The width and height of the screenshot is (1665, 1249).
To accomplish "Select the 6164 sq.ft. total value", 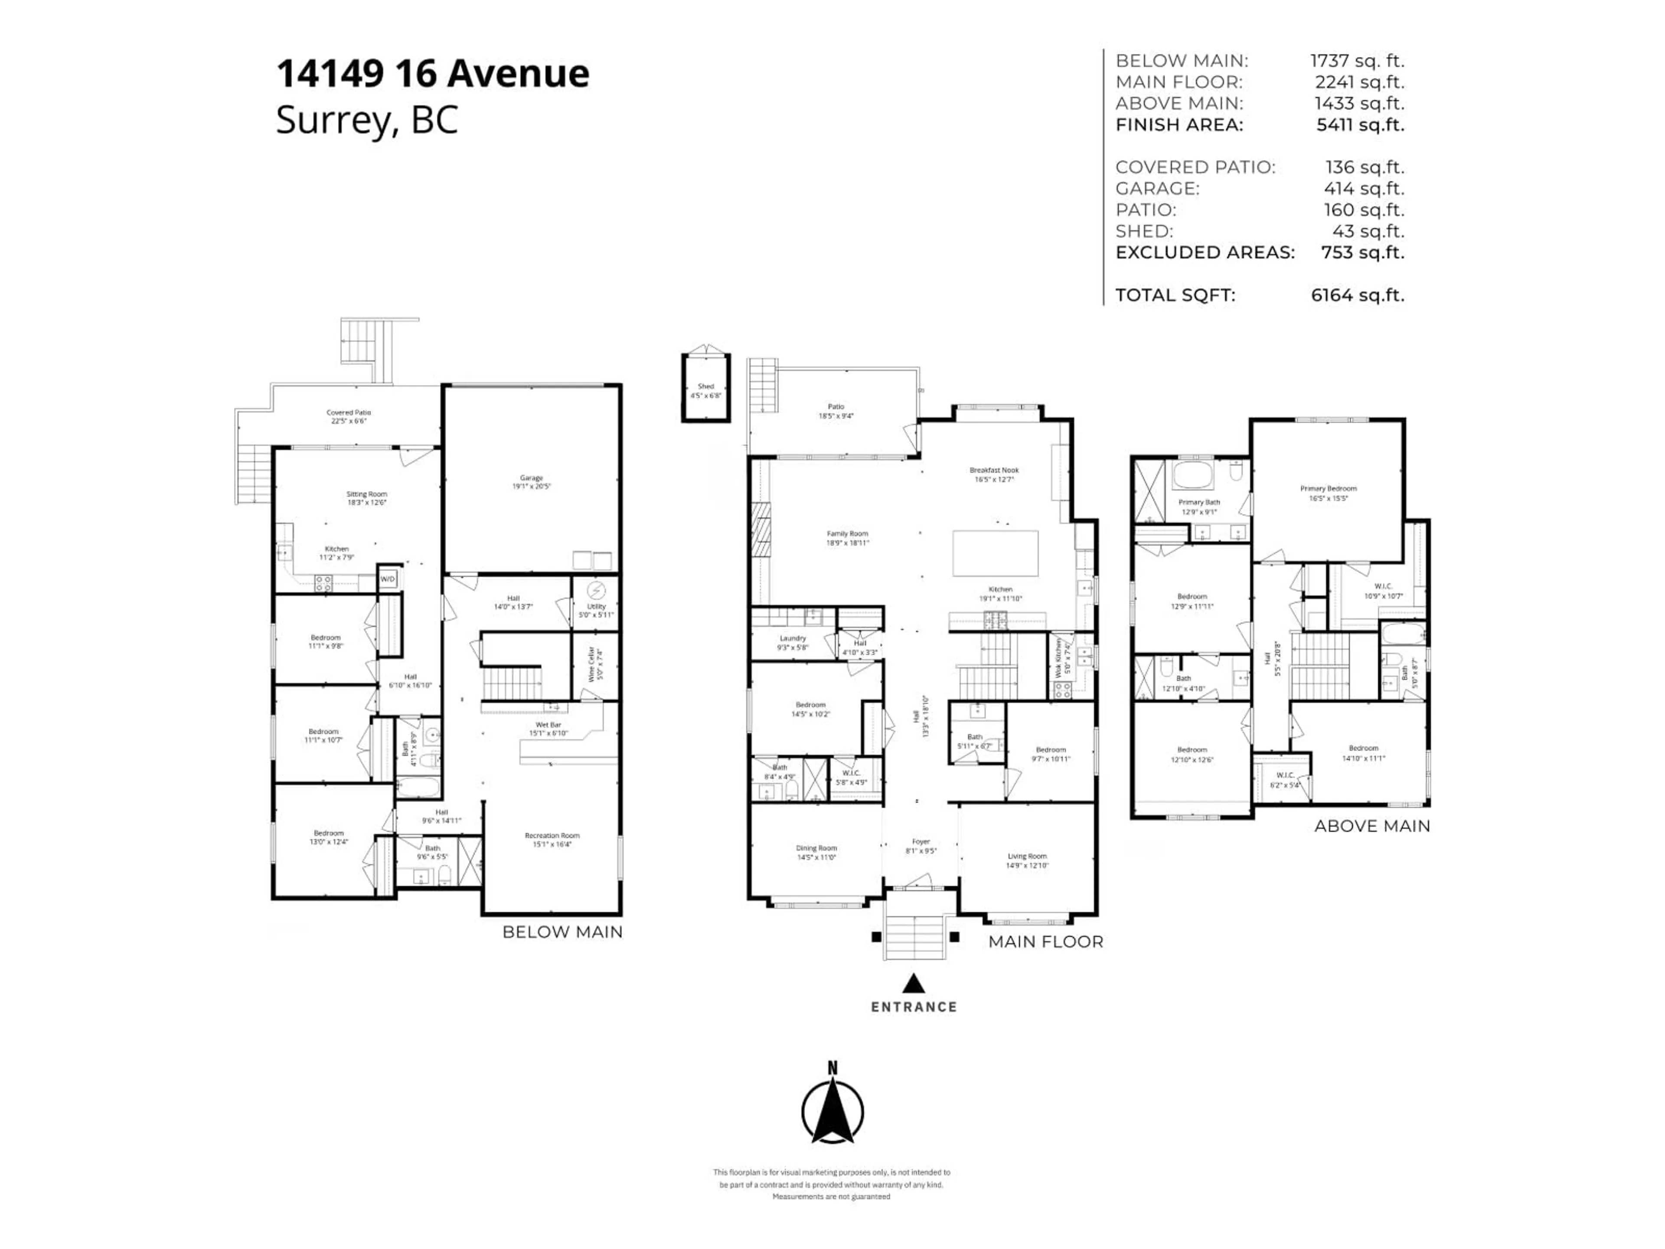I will [x=1357, y=296].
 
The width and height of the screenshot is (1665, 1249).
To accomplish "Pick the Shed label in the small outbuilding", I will [x=705, y=387].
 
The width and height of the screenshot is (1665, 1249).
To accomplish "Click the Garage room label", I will [x=532, y=478].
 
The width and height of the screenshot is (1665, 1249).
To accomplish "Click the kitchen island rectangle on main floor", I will [x=995, y=553].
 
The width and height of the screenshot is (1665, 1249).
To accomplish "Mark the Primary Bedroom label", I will [x=1328, y=489].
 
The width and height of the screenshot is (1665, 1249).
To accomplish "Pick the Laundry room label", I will [x=793, y=638].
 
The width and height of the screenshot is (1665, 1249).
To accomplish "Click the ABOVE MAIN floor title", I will [x=1371, y=826].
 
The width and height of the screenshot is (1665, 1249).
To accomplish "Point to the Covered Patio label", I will [x=349, y=412].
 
